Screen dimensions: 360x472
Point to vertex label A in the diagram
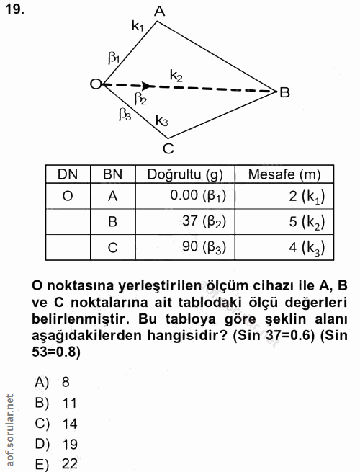(x=160, y=10)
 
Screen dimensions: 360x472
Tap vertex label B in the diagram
(x=285, y=92)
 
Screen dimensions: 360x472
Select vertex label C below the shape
(x=168, y=149)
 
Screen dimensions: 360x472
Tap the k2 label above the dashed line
(x=176, y=74)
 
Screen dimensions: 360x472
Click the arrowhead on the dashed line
(x=148, y=86)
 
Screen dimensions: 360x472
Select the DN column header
(x=68, y=174)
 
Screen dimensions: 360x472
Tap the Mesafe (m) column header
(x=284, y=174)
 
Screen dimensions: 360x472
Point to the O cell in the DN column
(x=67, y=195)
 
